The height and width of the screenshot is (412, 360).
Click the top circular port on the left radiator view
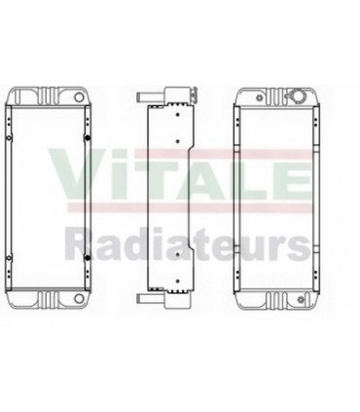coord(79,96)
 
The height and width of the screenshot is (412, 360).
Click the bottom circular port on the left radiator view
coord(79,298)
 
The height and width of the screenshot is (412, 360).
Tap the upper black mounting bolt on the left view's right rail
coord(87,138)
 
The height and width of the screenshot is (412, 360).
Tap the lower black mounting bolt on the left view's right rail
coord(87,258)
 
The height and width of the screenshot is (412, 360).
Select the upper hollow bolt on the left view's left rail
coord(9,138)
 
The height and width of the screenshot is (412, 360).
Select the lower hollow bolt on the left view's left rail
coord(9,258)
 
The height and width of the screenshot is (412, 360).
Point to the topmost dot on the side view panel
coord(177,114)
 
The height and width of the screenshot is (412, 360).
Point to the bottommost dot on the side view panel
coord(177,281)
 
